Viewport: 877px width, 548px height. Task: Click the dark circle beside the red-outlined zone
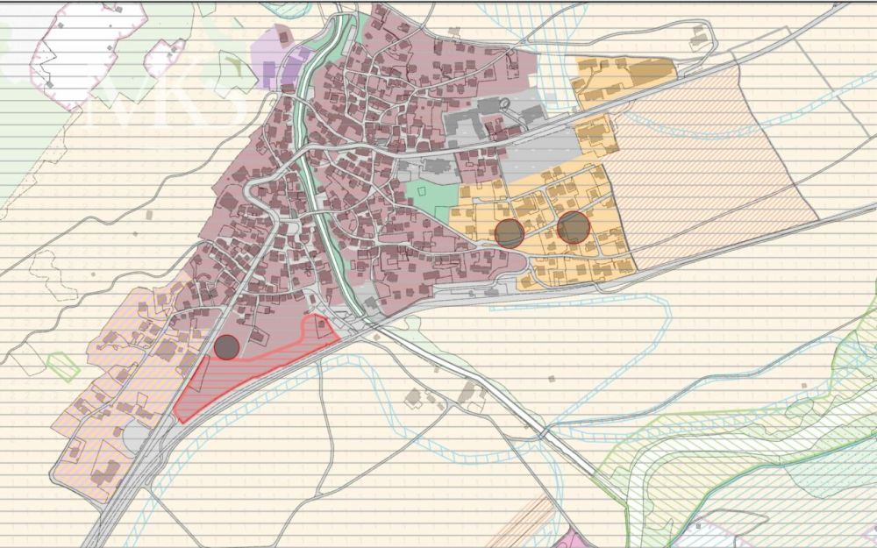pos(227,347)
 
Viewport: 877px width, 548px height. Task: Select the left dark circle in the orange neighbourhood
pos(510,232)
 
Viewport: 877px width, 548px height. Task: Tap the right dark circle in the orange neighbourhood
pos(574,227)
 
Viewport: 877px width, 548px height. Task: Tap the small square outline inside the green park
pos(422,189)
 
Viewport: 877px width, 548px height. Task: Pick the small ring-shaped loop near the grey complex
pos(504,103)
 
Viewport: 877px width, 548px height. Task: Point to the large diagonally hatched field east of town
pos(702,158)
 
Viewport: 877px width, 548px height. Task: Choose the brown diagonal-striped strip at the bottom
pos(517,526)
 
